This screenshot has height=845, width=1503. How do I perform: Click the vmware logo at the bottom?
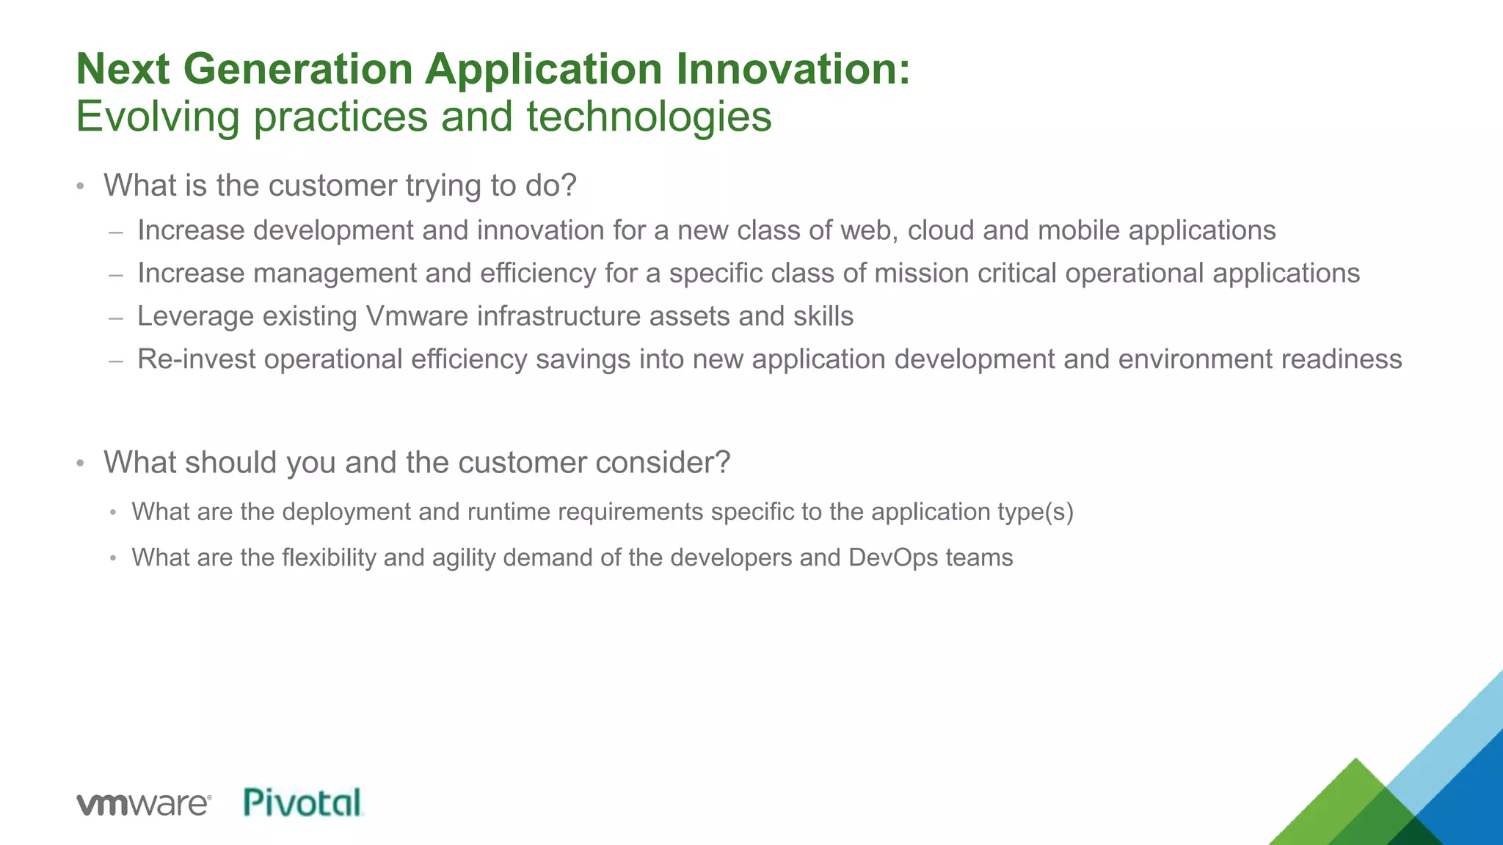coord(144,804)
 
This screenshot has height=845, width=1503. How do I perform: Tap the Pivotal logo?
coord(303,802)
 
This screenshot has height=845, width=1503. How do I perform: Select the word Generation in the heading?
coord(297,69)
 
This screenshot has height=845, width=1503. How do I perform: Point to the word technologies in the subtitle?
coord(649,117)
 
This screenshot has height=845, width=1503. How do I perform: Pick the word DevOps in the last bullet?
coord(892,557)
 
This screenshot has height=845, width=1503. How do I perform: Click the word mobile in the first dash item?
coord(1079,230)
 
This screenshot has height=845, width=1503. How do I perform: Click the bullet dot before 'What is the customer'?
coord(81,186)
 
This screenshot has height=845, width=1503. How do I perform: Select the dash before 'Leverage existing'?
coord(115,318)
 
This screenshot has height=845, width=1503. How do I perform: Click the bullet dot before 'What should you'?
coord(81,464)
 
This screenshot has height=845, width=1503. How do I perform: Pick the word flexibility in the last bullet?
coord(328,557)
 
